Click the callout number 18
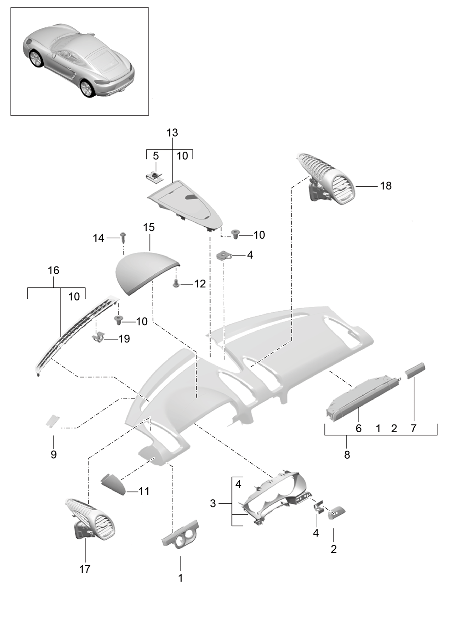pyautogui.click(x=386, y=186)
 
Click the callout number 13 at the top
pyautogui.click(x=172, y=133)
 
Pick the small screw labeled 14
pyautogui.click(x=123, y=236)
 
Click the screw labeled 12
pyautogui.click(x=176, y=284)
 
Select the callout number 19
pyautogui.click(x=124, y=338)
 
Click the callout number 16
pyautogui.click(x=54, y=270)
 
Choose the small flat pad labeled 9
pyautogui.click(x=53, y=421)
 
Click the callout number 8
pyautogui.click(x=347, y=455)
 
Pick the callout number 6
pyautogui.click(x=359, y=428)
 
